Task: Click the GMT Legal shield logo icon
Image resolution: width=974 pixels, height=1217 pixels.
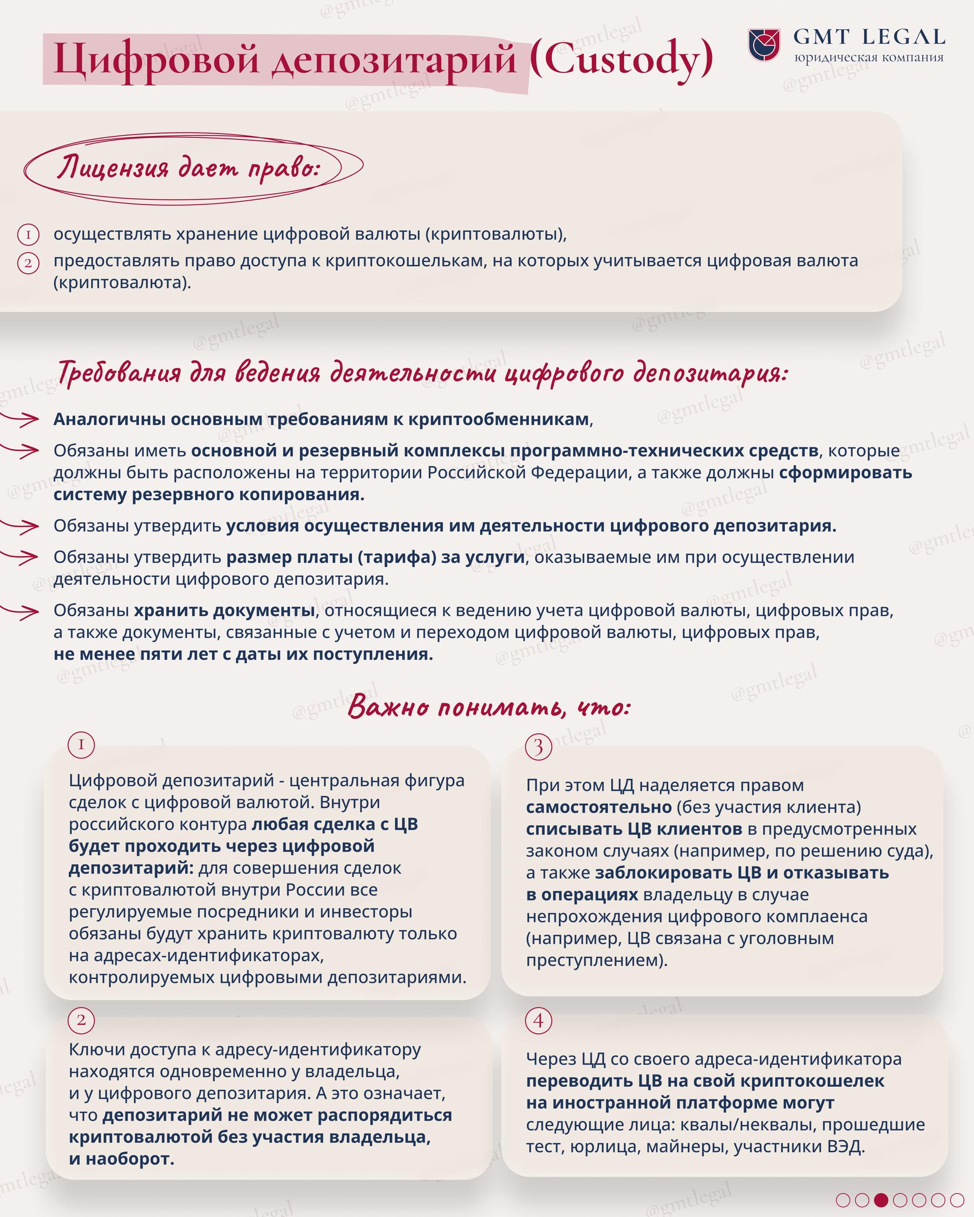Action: click(x=764, y=45)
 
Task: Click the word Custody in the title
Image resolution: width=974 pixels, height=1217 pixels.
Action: click(x=621, y=58)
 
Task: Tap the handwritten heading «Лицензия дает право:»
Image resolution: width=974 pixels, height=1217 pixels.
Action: click(x=188, y=168)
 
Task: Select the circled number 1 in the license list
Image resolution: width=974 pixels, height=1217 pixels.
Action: click(x=28, y=235)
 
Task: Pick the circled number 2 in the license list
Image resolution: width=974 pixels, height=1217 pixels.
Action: click(x=28, y=263)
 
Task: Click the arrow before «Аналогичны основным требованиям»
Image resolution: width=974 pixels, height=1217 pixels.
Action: click(x=21, y=419)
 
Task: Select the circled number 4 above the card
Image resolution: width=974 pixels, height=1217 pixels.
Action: click(x=538, y=1020)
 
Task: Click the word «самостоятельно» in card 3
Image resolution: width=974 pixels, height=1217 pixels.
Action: click(x=598, y=807)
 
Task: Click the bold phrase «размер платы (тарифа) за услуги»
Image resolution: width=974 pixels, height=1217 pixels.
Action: click(x=376, y=557)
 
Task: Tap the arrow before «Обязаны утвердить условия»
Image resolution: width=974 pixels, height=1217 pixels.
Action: click(x=21, y=526)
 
